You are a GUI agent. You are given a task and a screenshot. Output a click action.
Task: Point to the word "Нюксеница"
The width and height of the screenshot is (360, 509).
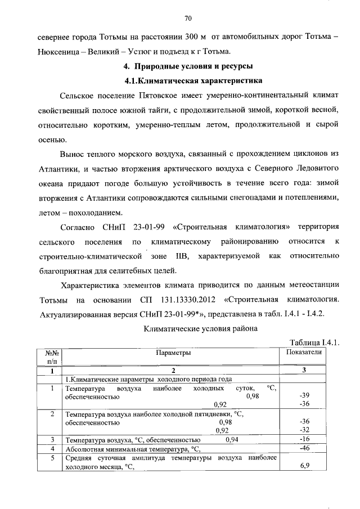point(60,52)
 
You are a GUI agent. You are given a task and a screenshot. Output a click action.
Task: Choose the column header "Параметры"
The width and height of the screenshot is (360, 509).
point(173,353)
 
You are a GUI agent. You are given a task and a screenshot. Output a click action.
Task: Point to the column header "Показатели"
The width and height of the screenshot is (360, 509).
point(304,352)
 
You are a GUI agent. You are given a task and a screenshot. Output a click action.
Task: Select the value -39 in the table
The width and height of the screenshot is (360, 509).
point(304,395)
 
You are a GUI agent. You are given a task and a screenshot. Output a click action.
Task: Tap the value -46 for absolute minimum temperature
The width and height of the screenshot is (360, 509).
point(304,448)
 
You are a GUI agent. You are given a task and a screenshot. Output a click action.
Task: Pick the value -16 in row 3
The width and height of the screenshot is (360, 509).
point(304,439)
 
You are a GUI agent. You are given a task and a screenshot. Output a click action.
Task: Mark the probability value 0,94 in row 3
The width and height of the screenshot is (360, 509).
point(232,439)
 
